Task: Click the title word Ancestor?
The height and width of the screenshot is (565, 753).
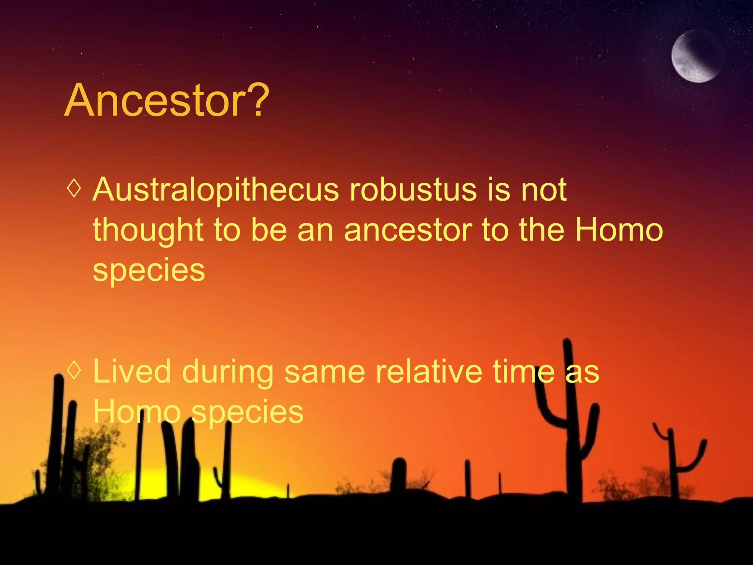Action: pyautogui.click(x=167, y=100)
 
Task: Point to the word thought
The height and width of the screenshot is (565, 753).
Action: pyautogui.click(x=148, y=231)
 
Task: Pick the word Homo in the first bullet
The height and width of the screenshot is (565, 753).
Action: pyautogui.click(x=619, y=230)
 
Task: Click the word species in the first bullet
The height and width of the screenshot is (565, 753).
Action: pyautogui.click(x=149, y=271)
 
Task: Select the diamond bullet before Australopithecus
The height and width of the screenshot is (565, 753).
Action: pyautogui.click(x=74, y=189)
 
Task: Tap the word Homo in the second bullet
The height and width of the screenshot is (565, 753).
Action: pyautogui.click(x=137, y=412)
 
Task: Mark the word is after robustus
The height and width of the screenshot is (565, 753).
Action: pyautogui.click(x=499, y=190)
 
